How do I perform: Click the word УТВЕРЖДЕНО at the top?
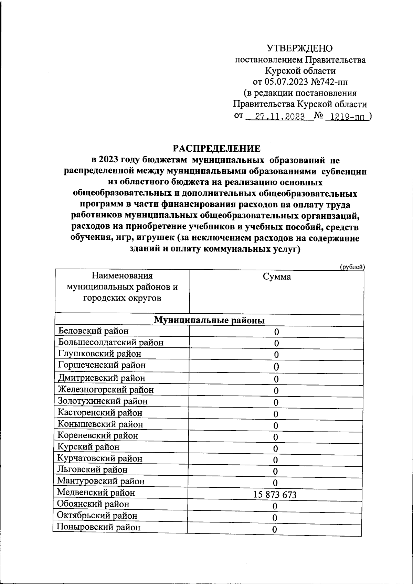pos(300,48)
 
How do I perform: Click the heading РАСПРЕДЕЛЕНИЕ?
pos(216,149)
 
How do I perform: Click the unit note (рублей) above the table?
pos(352,267)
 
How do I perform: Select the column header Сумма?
pos(277,277)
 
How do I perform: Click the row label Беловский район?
pos(94,331)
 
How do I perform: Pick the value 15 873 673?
pos(275,495)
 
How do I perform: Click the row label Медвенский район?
pos(96,493)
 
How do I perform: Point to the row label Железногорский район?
pos(106,390)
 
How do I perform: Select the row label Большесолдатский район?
pos(111,342)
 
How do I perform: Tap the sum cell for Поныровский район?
pos(275,530)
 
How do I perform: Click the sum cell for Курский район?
pos(275,448)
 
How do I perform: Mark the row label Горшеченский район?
pos(102,365)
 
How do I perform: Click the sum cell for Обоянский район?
pos(275,506)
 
